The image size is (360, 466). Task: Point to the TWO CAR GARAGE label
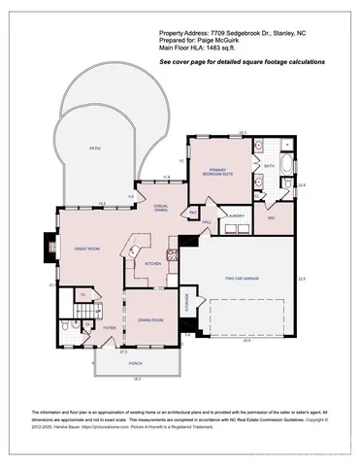click(x=243, y=279)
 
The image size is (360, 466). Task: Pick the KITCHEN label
click(x=153, y=263)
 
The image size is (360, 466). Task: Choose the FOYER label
click(x=110, y=328)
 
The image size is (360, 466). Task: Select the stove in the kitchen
click(x=172, y=254)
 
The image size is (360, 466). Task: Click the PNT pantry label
click(x=194, y=211)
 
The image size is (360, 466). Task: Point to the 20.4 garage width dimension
click(x=246, y=341)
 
